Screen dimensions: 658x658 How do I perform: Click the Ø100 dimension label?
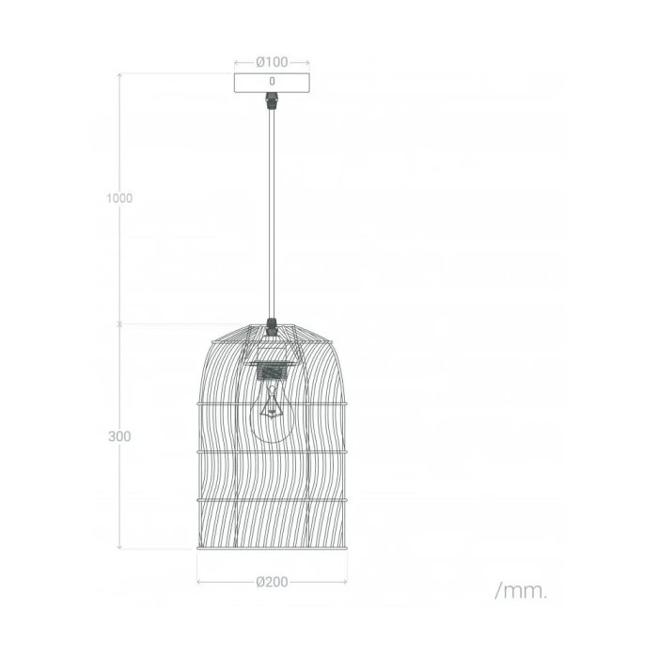click(x=273, y=62)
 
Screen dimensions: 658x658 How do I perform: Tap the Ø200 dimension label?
click(x=273, y=582)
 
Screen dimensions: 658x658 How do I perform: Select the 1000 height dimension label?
click(x=119, y=198)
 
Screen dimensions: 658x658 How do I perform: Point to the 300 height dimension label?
click(x=119, y=437)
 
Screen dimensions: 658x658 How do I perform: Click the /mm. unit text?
click(x=520, y=591)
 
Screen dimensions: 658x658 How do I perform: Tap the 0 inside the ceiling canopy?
click(x=273, y=82)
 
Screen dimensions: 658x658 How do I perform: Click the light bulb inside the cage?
click(x=272, y=418)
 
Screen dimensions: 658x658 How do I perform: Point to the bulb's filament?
click(x=273, y=406)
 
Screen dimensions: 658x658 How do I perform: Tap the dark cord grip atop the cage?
click(x=273, y=326)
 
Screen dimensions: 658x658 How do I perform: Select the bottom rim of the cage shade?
click(x=273, y=547)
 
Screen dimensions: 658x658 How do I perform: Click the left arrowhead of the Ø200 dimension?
click(x=199, y=582)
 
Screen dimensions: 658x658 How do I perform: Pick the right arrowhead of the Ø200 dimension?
click(x=345, y=582)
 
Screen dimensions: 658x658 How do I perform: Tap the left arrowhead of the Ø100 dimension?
click(x=236, y=62)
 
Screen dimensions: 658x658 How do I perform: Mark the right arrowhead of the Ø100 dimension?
click(x=307, y=62)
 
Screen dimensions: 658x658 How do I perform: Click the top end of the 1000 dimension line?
click(x=119, y=73)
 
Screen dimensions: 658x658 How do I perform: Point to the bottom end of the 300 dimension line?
click(x=119, y=548)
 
